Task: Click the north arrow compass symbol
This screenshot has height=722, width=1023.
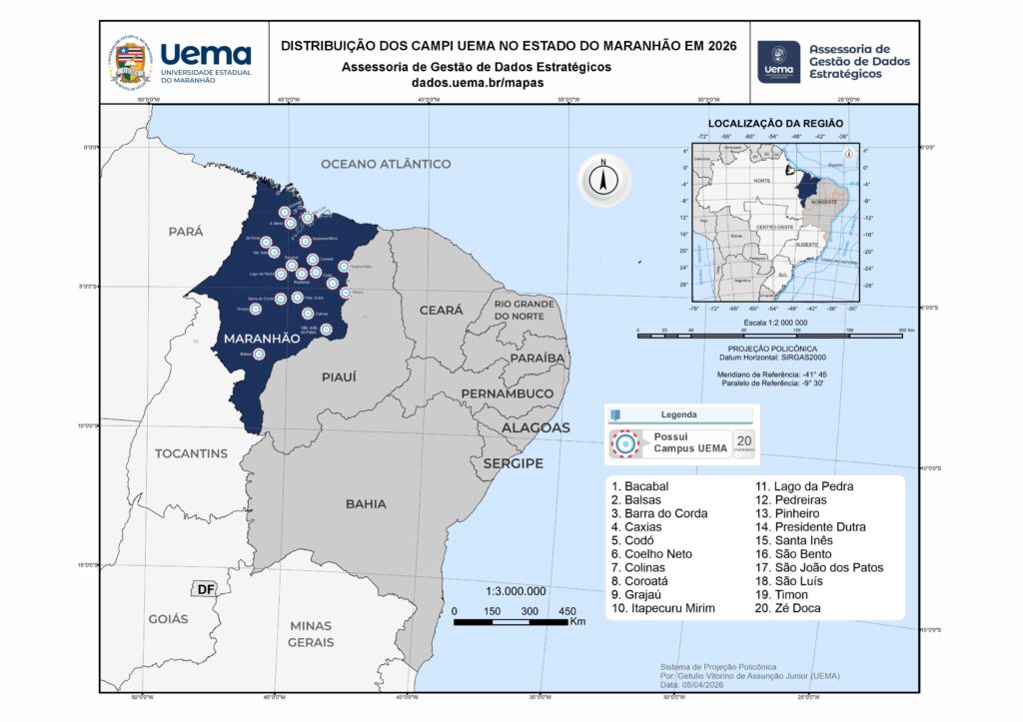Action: click(603, 180)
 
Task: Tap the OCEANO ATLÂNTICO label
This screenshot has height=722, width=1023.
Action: click(385, 164)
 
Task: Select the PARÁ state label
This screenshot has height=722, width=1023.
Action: click(185, 231)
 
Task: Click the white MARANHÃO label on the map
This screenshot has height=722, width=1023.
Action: click(262, 339)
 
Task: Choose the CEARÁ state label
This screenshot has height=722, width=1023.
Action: click(441, 311)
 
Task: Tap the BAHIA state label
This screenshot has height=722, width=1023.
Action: click(366, 504)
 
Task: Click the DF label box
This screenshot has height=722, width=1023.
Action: click(205, 589)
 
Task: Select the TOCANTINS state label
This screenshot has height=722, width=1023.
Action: click(191, 453)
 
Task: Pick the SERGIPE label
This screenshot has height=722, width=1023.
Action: click(513, 463)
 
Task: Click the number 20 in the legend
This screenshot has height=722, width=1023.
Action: click(744, 439)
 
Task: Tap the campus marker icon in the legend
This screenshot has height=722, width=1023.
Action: click(624, 442)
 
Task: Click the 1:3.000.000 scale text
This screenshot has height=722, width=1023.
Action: click(515, 590)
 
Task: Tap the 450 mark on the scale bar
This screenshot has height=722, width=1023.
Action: click(567, 611)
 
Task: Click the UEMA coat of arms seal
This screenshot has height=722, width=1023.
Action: click(131, 63)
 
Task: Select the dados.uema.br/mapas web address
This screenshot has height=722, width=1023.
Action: click(477, 83)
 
